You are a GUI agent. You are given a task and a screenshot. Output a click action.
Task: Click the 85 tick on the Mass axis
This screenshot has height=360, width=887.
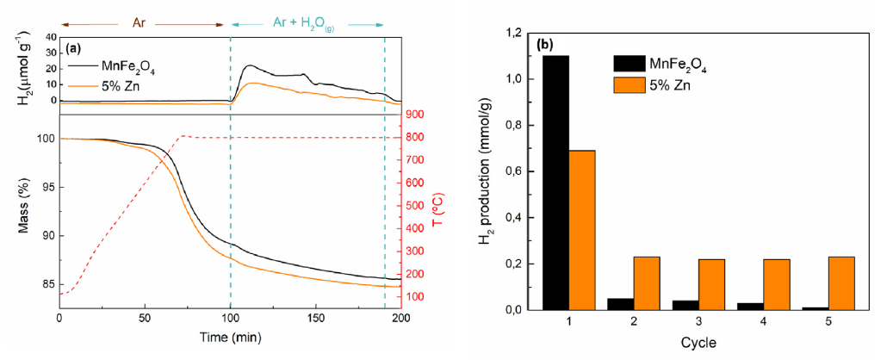pos(42,284)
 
